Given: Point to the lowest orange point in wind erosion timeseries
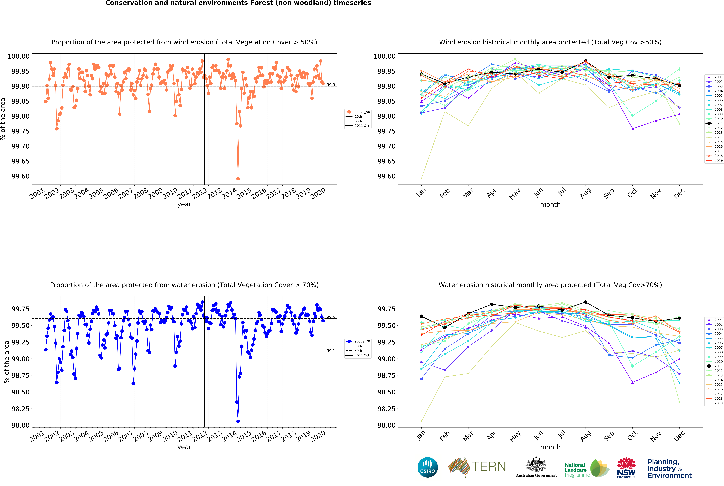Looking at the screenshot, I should pos(238,179).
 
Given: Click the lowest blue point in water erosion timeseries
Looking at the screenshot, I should pos(238,421).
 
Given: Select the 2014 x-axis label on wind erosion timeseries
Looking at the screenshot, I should pos(229,194).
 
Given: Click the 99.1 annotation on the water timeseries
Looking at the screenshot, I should pos(331,351).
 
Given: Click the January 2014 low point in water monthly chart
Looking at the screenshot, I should pos(421,421).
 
